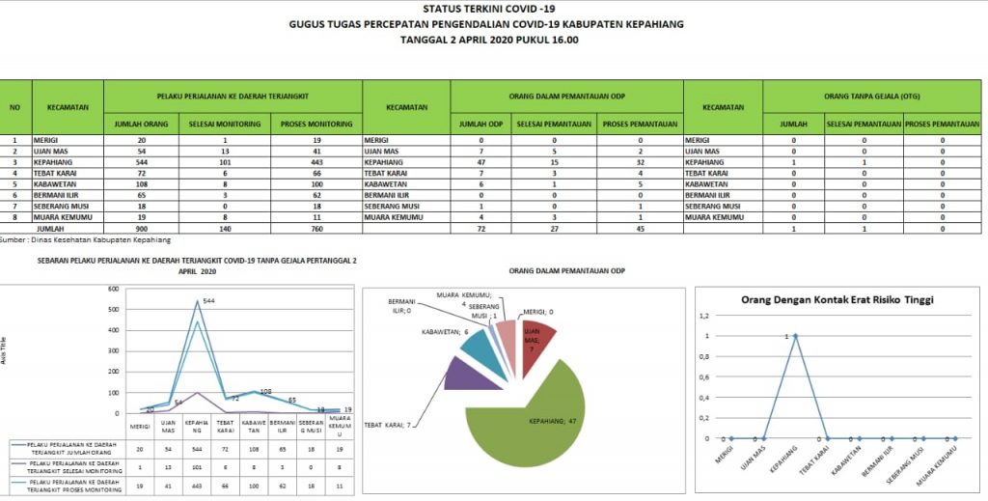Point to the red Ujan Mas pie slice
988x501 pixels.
coord(536,339)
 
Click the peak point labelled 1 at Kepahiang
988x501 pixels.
coord(795,337)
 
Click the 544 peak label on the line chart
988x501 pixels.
coord(208,301)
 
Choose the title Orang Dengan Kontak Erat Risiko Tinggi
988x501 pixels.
coord(837,299)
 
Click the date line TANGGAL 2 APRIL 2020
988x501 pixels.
coord(489,41)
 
